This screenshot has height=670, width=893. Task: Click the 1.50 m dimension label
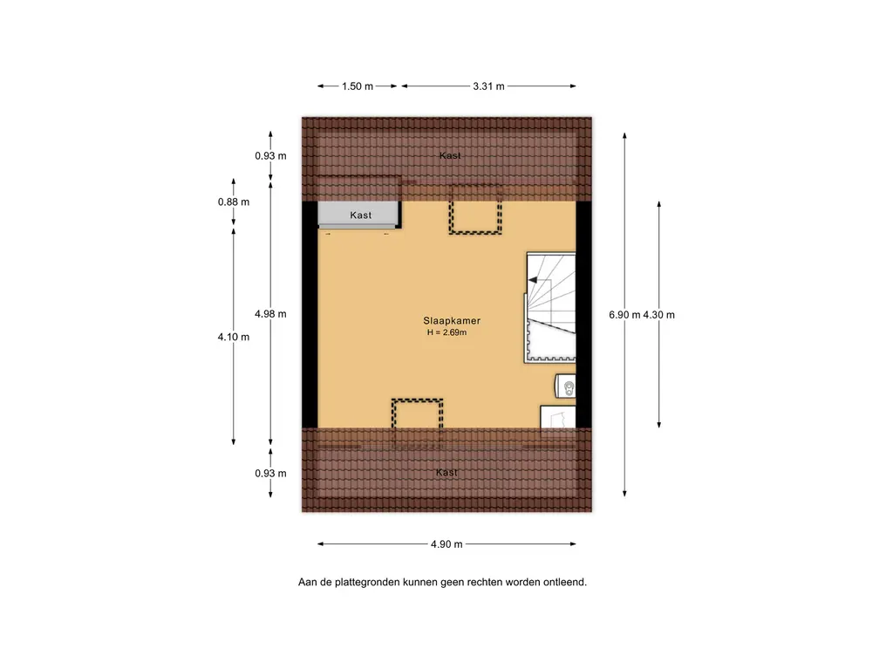pos(357,86)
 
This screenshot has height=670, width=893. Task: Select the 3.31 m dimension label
pos(488,86)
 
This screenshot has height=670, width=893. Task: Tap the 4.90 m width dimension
pos(446,544)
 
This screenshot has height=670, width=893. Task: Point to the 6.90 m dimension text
pos(624,314)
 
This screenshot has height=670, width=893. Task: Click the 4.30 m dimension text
pos(659,314)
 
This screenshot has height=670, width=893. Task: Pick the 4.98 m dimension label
pos(270,314)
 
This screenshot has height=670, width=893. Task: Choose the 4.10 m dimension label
pos(234,337)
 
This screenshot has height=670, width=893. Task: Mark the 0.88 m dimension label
pos(234,202)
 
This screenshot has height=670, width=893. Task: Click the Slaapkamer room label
pos(452,321)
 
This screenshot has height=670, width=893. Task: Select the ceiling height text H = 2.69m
pos(447,332)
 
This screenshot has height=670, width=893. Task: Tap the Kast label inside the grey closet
pos(360,215)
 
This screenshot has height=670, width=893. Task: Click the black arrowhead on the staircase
pos(533,280)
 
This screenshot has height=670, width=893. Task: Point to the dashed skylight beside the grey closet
pos(475,209)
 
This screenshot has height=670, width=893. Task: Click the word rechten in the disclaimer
pos(483,582)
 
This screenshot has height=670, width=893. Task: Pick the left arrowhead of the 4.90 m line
pos(321,544)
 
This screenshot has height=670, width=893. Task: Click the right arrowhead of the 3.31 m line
pos(572,86)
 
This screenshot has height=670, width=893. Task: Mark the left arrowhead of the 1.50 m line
pos(321,86)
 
